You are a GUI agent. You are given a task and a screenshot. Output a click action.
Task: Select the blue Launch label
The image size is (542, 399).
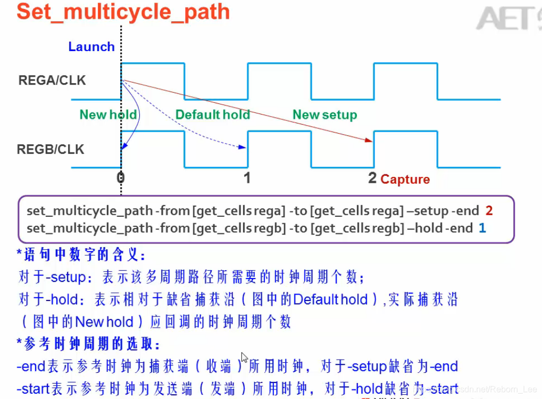(x=91, y=47)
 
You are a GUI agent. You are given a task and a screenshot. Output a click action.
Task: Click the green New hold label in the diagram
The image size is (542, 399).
(x=108, y=115)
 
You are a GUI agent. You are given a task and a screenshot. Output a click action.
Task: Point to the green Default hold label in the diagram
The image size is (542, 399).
(x=213, y=115)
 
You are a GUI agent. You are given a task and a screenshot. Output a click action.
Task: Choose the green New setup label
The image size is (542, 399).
(x=325, y=115)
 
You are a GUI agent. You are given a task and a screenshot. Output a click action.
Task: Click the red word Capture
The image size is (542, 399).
(x=405, y=180)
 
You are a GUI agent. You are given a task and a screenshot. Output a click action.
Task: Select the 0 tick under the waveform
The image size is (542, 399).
(x=121, y=177)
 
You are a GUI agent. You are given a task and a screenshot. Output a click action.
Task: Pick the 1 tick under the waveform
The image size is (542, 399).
(x=247, y=177)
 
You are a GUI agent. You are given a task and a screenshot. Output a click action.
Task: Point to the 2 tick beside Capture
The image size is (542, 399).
(x=372, y=178)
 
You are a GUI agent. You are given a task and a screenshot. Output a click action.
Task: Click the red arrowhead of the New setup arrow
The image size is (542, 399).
(x=369, y=140)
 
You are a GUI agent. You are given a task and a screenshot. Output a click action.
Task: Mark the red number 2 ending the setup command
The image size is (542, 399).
(x=489, y=210)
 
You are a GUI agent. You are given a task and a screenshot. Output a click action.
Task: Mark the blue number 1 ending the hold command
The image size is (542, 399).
(x=482, y=229)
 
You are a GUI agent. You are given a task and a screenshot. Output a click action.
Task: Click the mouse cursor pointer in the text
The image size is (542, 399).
(x=244, y=357)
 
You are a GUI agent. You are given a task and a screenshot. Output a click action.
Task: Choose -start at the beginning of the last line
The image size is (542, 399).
(x=34, y=388)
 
